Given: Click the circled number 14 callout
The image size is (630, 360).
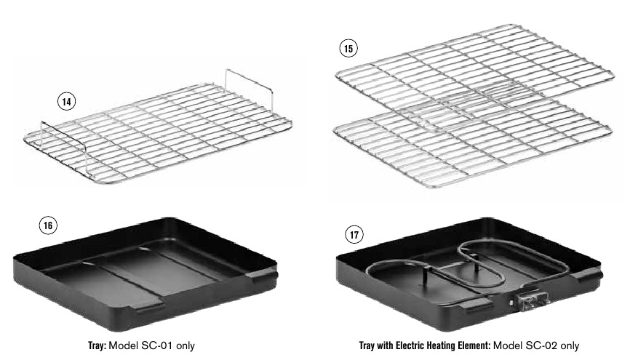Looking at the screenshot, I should pos(67,102).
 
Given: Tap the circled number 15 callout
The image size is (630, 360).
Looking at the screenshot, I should pos(348,49).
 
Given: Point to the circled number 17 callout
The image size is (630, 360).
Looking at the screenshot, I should pos(354,235).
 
